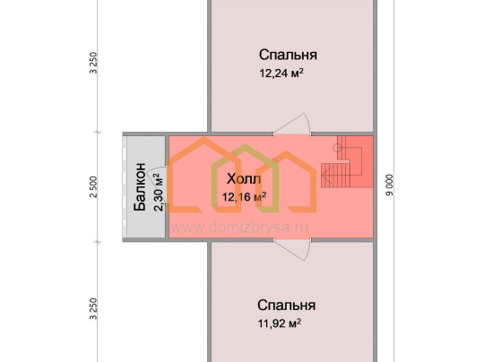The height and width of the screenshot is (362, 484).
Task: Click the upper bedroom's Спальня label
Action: [x=288, y=55]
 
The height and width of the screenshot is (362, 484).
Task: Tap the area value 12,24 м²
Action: [x=281, y=73]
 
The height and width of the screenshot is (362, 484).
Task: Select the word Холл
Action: [x=244, y=179]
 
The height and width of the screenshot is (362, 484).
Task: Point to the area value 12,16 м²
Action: [x=244, y=196]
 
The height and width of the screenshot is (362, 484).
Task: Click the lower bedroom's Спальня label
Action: [x=287, y=306]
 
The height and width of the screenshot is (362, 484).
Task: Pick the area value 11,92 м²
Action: [x=280, y=323]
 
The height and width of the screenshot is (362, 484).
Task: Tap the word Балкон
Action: [x=140, y=187]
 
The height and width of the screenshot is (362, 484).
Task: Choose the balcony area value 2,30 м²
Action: [x=158, y=192]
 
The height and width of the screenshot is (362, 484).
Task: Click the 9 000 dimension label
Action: [x=390, y=185]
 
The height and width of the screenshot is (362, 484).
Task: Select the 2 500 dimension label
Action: [x=93, y=187]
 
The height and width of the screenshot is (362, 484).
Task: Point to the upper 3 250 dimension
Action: [x=93, y=63]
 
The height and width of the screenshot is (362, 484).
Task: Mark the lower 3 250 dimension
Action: [x=93, y=309]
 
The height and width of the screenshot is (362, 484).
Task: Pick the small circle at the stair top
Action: [x=337, y=148]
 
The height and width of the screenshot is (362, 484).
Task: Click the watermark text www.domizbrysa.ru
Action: [x=239, y=228]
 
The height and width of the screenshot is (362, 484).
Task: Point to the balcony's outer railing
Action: [x=125, y=187]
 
